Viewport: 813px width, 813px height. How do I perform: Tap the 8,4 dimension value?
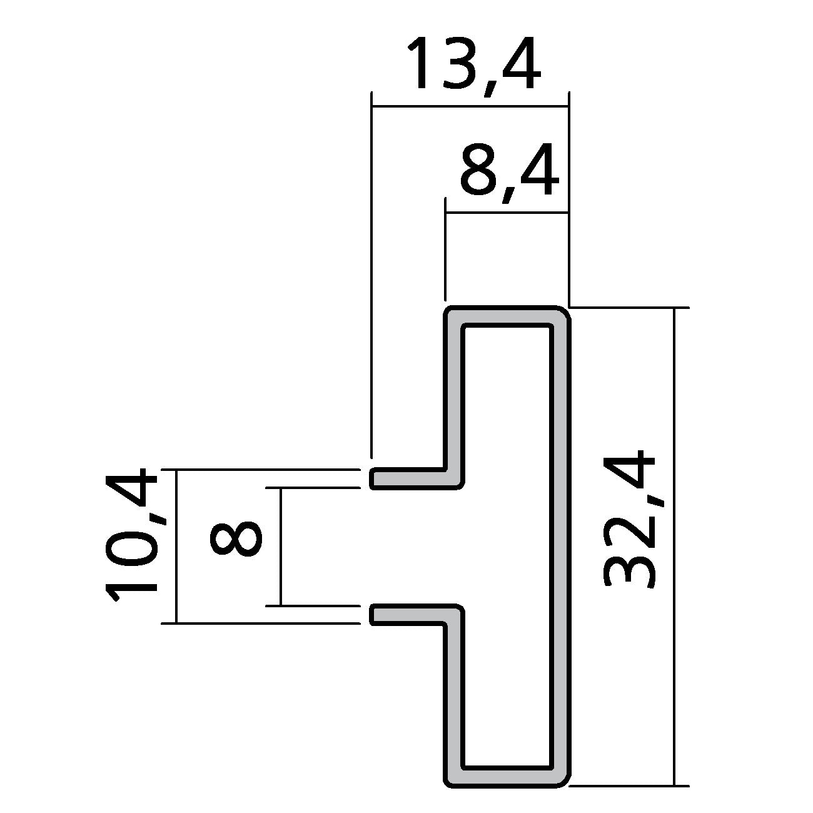(x=508, y=169)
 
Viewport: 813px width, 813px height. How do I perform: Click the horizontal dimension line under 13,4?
(x=469, y=107)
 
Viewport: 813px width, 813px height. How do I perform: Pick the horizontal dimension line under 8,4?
(x=507, y=213)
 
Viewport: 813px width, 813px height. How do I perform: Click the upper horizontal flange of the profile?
(x=413, y=478)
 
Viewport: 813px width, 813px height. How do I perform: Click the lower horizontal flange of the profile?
(x=413, y=614)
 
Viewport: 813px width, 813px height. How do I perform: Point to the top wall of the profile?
(x=507, y=316)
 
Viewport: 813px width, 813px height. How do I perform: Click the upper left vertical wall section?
(x=453, y=394)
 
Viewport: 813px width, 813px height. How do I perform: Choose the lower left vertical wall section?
(x=453, y=694)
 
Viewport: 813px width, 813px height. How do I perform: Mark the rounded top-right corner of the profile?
(x=562, y=315)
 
